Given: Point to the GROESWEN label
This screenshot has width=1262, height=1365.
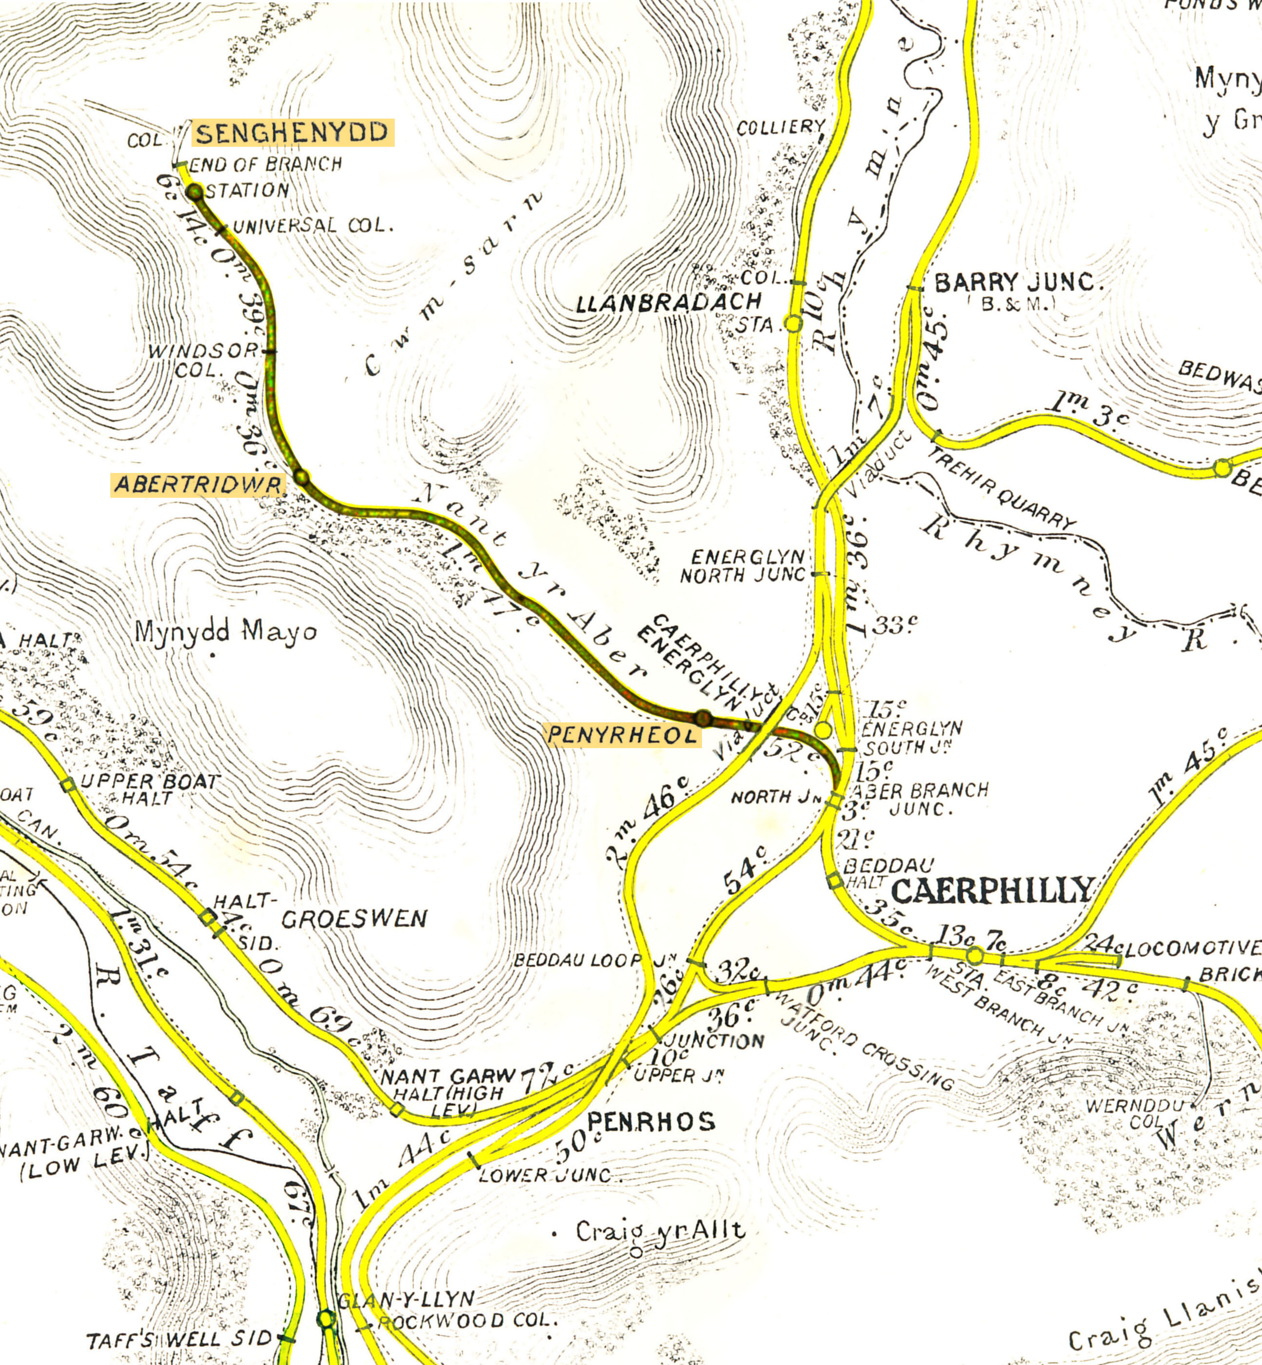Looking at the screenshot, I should [354, 919].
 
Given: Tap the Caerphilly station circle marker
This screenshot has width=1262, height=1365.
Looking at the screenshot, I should [975, 955].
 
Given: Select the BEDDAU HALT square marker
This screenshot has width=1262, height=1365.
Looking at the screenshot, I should [835, 881].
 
